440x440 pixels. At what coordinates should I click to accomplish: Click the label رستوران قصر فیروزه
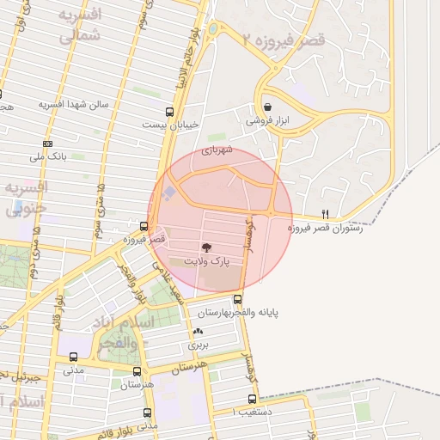pyautogui.click(x=324, y=228)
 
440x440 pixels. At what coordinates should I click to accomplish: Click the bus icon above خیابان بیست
pyautogui.click(x=170, y=111)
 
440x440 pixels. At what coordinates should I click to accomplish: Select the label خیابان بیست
pyautogui.click(x=172, y=124)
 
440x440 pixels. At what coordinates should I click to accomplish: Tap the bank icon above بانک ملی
pyautogui.click(x=47, y=144)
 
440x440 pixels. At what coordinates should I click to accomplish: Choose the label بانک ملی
pyautogui.click(x=48, y=156)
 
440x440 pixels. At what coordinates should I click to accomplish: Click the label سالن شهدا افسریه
pyautogui.click(x=73, y=105)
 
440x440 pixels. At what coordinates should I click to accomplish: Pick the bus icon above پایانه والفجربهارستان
pyautogui.click(x=237, y=299)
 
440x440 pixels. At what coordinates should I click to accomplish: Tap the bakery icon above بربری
pyautogui.click(x=199, y=332)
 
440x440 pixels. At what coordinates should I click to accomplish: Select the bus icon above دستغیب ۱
pyautogui.click(x=252, y=399)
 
